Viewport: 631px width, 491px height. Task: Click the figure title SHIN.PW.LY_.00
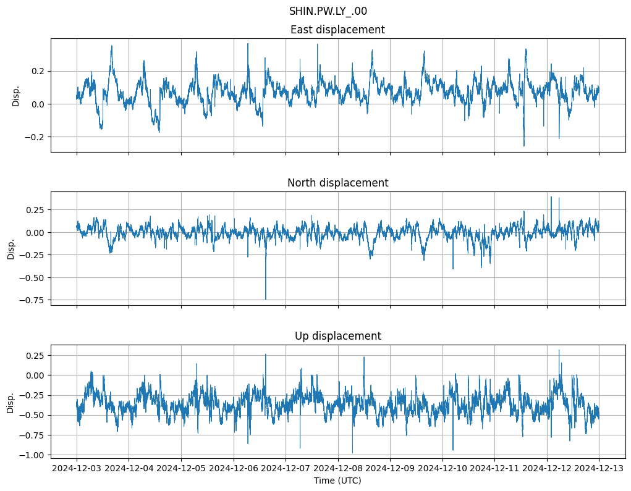click(328, 11)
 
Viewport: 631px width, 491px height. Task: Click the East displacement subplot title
click(337, 30)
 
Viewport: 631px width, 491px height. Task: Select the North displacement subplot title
click(337, 183)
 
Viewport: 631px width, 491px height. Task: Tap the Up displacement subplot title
click(337, 336)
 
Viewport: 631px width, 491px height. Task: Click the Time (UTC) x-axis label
click(337, 480)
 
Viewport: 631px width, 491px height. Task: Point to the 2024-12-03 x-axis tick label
click(77, 468)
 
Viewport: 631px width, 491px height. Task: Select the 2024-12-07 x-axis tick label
click(286, 468)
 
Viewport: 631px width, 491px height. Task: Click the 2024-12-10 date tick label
click(443, 468)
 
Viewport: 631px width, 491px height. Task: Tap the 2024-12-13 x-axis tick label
click(599, 468)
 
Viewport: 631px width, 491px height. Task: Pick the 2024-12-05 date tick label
click(181, 468)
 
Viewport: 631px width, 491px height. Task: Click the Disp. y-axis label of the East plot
click(16, 95)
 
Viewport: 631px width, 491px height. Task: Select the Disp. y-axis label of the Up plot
click(11, 401)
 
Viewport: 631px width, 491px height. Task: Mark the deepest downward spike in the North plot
click(266, 299)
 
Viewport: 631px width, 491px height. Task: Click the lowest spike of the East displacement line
click(524, 146)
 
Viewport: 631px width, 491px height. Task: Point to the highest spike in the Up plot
click(559, 350)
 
